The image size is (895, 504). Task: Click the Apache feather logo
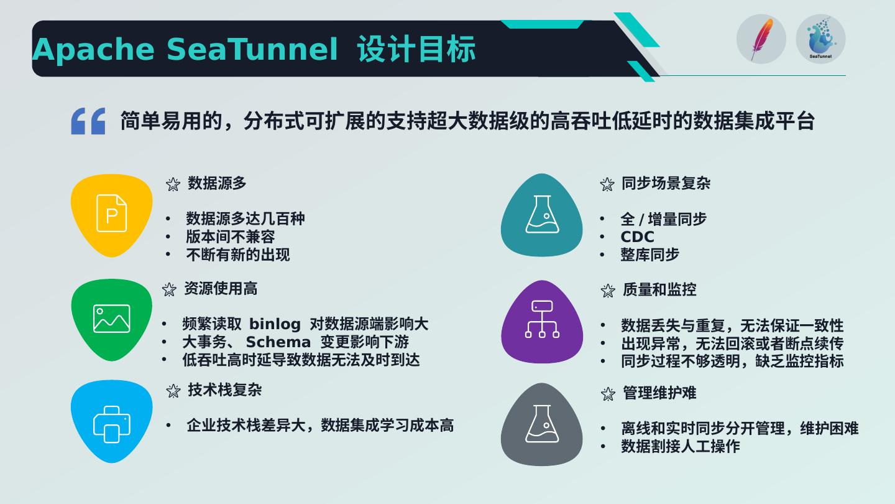coord(761,39)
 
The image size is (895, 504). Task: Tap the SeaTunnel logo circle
coord(820,39)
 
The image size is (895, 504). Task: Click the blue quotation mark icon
coord(88,121)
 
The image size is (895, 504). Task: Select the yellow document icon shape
coord(111,215)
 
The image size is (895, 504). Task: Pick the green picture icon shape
coord(111,319)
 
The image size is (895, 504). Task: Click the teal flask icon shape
coord(542,215)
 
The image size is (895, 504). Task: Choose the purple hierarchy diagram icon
coord(542,321)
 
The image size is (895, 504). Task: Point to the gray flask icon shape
coord(542,424)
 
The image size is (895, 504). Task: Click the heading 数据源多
coord(217,184)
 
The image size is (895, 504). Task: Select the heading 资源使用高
coord(221,289)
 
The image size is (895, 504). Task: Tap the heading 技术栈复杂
coord(224,390)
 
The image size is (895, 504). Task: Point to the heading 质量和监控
coord(659,290)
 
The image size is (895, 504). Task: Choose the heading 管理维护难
coord(659,393)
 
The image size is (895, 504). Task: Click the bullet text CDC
coord(637,237)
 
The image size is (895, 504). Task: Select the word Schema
coord(278,342)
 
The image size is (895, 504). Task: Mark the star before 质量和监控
coord(608,291)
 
